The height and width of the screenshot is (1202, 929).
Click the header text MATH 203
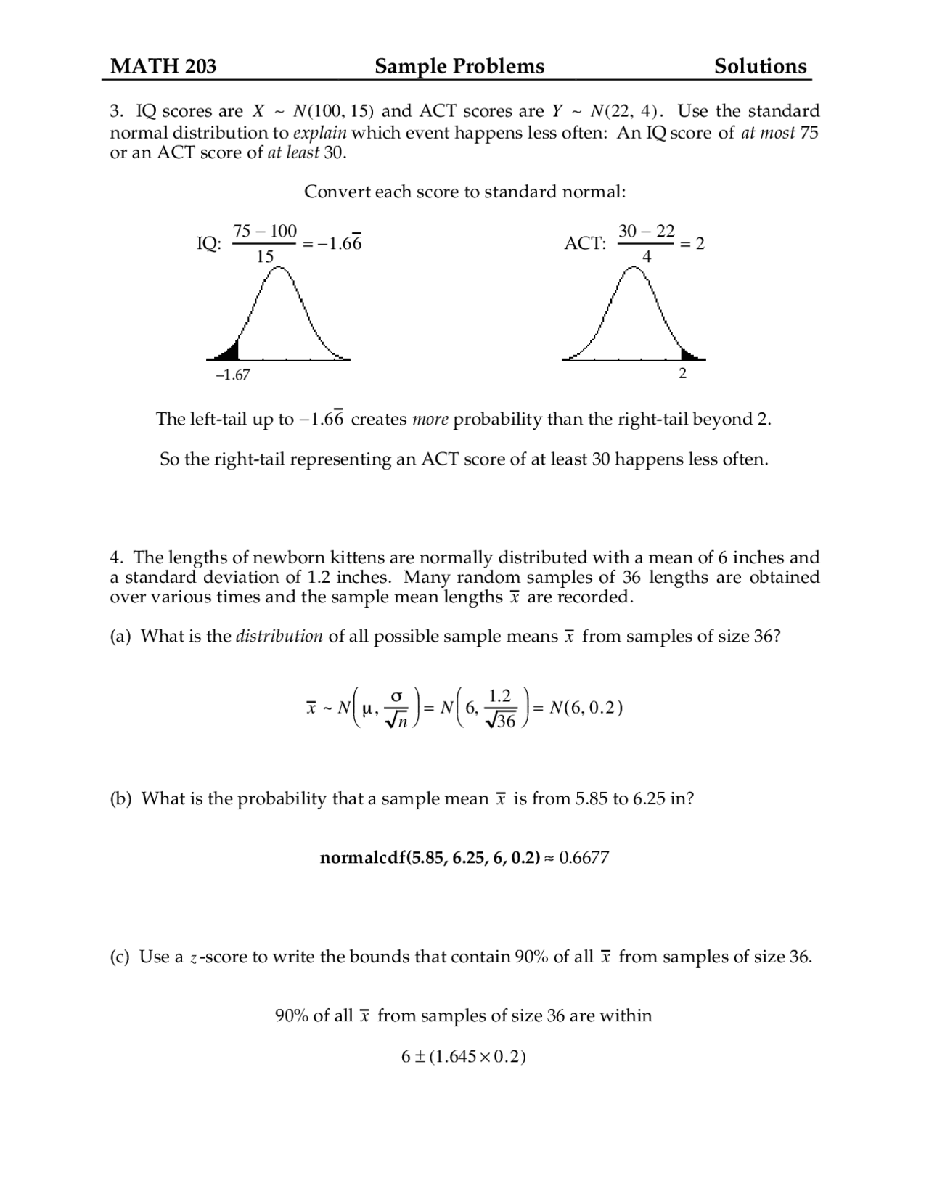tap(163, 66)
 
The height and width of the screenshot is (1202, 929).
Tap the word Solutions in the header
tap(760, 66)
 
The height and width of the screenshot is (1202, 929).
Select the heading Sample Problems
tap(459, 66)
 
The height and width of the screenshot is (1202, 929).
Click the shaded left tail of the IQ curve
tap(230, 352)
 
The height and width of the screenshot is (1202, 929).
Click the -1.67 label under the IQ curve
tap(233, 375)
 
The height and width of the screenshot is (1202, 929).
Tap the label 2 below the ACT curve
tap(682, 374)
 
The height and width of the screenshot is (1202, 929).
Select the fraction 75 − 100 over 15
tap(264, 243)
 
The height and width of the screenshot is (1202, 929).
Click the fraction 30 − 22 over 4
tap(646, 243)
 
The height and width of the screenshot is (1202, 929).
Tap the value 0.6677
tap(584, 857)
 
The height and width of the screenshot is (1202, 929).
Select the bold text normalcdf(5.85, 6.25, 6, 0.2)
tap(430, 857)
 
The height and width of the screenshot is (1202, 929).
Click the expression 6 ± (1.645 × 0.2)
tap(463, 1056)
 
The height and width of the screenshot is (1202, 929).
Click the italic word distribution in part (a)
tap(279, 637)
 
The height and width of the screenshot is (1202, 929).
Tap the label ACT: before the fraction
tap(585, 243)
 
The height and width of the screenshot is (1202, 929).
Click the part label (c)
tap(120, 957)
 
